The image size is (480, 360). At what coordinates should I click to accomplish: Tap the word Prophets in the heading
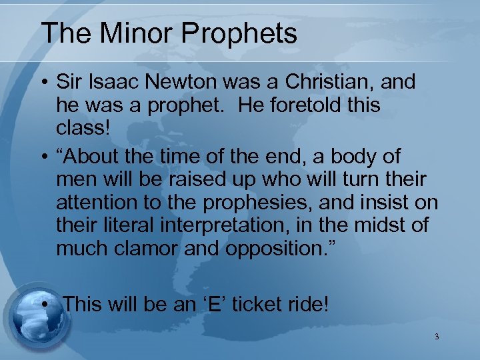pos(244,33)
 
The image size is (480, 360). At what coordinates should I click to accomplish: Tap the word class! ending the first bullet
pos(83,127)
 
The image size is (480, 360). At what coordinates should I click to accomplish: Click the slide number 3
pos(437,337)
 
